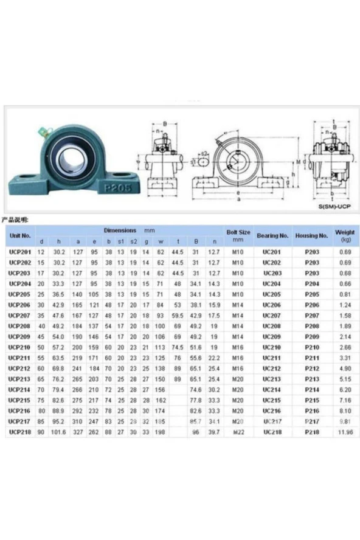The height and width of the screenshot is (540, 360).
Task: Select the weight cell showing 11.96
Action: click(344, 432)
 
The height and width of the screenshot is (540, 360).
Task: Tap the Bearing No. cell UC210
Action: click(272, 347)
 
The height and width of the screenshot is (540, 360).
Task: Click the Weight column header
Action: click(345, 235)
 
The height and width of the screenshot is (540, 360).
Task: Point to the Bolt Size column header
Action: click(238, 235)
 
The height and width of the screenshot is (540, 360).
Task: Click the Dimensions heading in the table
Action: click(120, 231)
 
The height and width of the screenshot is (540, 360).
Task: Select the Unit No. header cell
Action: click(20, 235)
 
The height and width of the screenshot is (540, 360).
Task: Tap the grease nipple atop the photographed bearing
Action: click(42, 130)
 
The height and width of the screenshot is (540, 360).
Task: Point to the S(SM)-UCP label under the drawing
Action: click(334, 207)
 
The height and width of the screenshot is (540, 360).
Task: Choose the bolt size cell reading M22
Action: click(238, 432)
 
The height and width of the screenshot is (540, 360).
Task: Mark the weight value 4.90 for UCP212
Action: click(344, 369)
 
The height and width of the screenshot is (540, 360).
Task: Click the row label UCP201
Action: click(20, 251)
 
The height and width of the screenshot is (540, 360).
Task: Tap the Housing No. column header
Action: click(311, 235)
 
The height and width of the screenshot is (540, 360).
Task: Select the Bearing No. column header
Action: click(272, 235)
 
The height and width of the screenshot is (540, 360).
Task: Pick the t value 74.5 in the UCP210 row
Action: click(178, 347)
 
